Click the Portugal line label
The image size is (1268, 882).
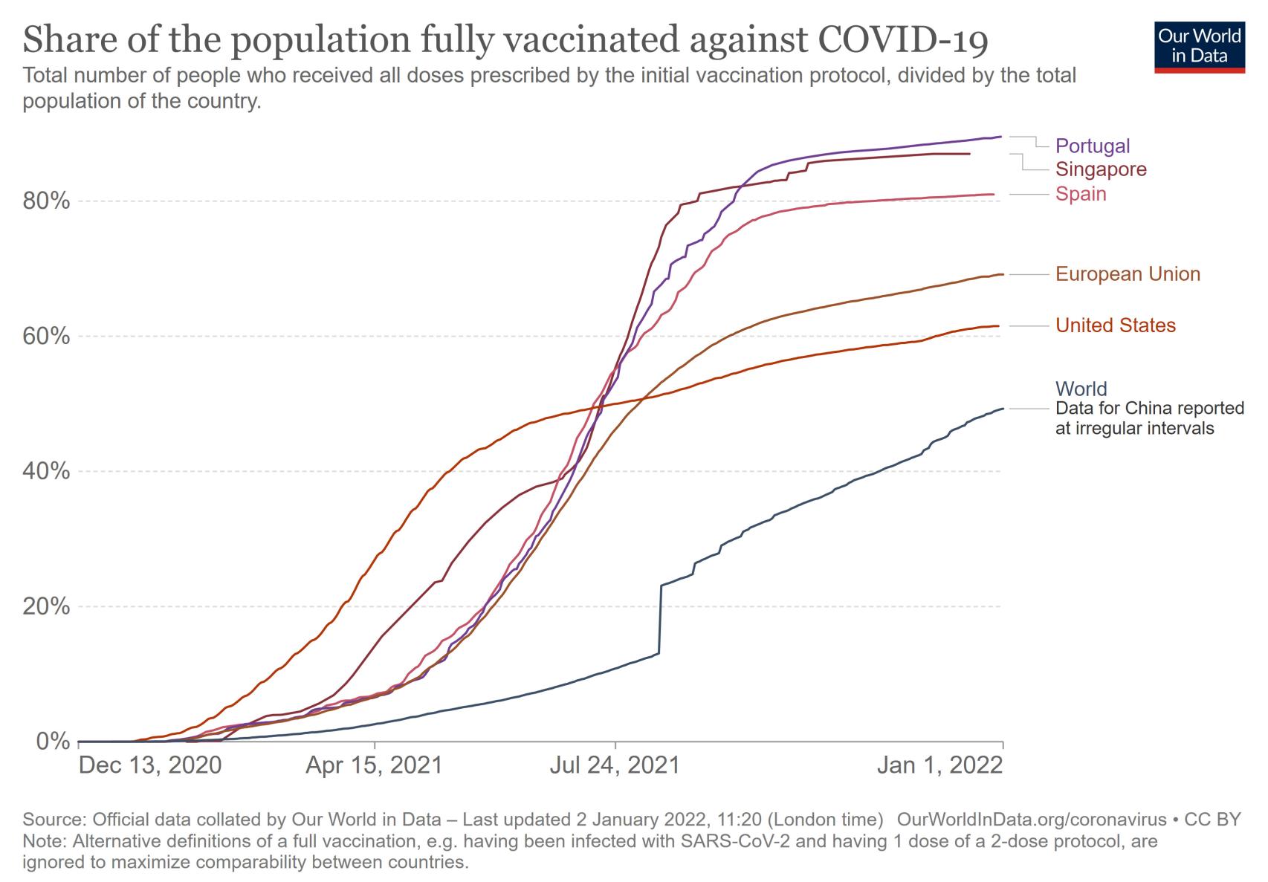pyautogui.click(x=1092, y=146)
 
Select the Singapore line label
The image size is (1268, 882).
pyautogui.click(x=1101, y=169)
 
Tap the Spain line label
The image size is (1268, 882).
pyautogui.click(x=1081, y=194)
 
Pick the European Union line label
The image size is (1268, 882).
pyautogui.click(x=1128, y=274)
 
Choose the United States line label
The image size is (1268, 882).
pyautogui.click(x=1116, y=325)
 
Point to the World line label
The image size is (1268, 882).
pyautogui.click(x=1081, y=389)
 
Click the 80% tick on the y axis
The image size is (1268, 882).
pyautogui.click(x=49, y=201)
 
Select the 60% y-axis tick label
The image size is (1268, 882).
pyautogui.click(x=49, y=337)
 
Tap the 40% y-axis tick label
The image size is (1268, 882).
pyautogui.click(x=49, y=472)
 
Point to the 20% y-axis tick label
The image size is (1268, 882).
pyautogui.click(x=49, y=607)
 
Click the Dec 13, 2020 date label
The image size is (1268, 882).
pyautogui.click(x=150, y=765)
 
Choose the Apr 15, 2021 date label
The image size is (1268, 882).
pyautogui.click(x=374, y=765)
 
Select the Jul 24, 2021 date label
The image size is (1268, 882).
pyautogui.click(x=615, y=765)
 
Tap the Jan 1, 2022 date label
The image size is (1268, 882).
pyautogui.click(x=939, y=765)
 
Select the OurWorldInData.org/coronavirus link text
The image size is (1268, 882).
pyautogui.click(x=1032, y=820)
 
